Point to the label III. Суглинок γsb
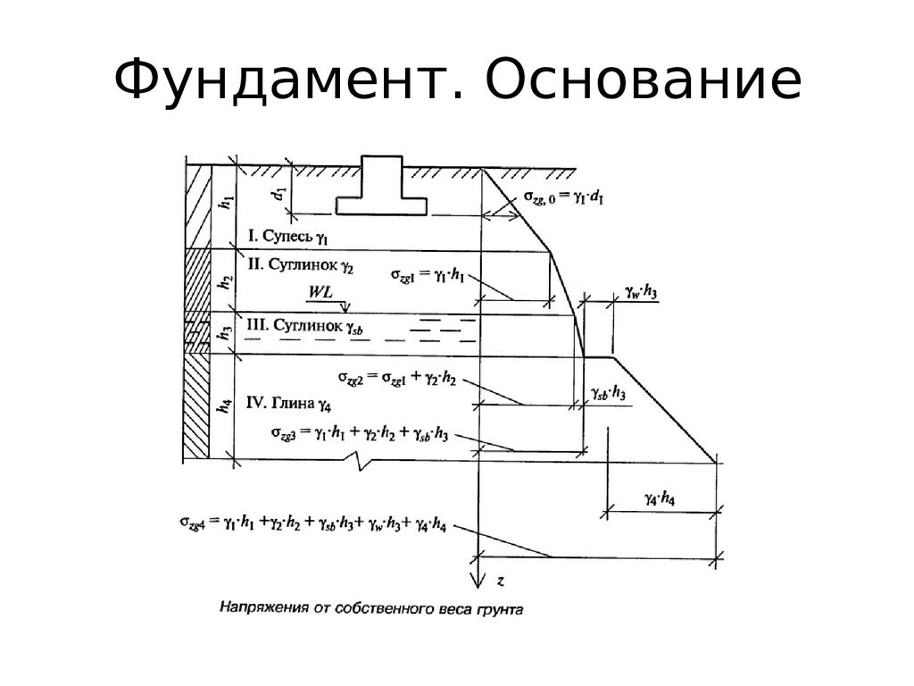click(x=304, y=326)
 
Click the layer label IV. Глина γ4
click(x=287, y=405)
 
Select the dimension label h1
click(x=226, y=203)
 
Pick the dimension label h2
click(x=226, y=281)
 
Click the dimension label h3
click(x=226, y=333)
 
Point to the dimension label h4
click(x=226, y=405)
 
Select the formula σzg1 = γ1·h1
click(x=428, y=276)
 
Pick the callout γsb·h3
click(x=608, y=393)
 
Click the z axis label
click(x=501, y=581)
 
